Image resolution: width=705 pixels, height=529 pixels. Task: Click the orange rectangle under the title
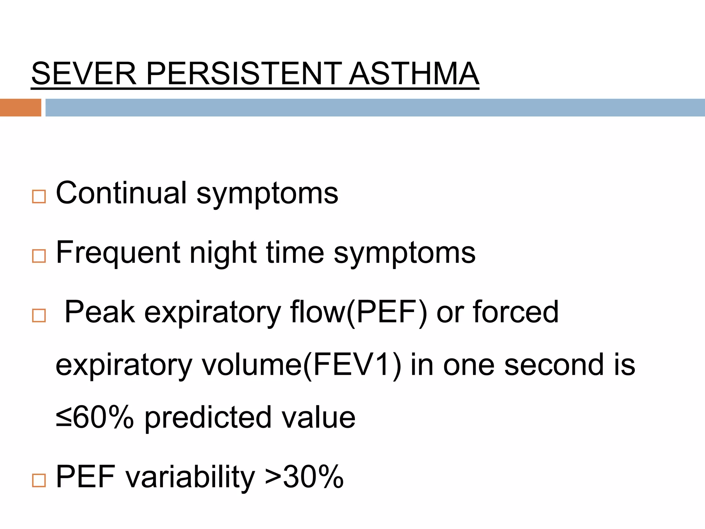click(x=20, y=107)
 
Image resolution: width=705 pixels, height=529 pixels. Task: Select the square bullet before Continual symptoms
click(x=39, y=197)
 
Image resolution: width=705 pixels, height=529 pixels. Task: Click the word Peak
click(x=99, y=312)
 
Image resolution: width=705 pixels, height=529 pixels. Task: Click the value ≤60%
click(x=95, y=417)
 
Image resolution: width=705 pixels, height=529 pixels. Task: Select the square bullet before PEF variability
click(x=39, y=480)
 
